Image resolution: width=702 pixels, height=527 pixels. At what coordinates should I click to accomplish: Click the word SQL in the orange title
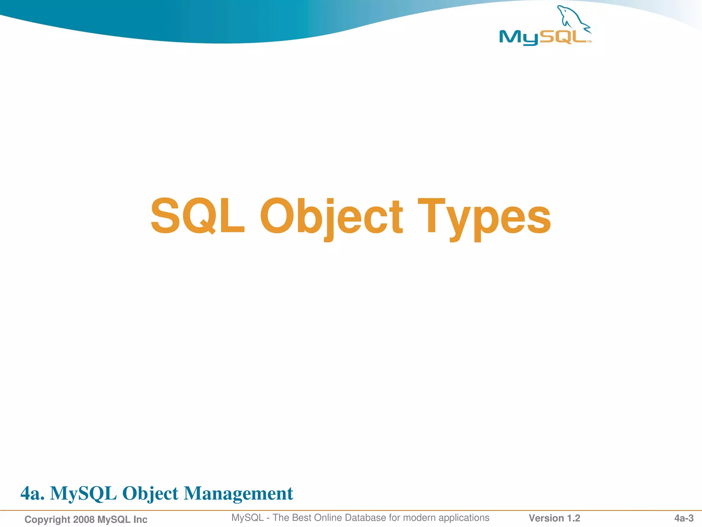(x=197, y=216)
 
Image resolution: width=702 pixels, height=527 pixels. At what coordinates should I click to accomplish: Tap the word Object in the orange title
(x=331, y=216)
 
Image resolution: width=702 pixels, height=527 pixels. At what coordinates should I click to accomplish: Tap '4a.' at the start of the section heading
(x=32, y=493)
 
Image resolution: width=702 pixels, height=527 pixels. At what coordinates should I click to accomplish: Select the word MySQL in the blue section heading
(x=83, y=493)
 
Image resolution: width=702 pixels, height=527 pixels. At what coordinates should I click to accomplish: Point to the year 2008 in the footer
(x=84, y=519)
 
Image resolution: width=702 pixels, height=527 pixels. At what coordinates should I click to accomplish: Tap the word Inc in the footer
(x=140, y=519)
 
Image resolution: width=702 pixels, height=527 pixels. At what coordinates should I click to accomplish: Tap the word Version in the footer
(x=546, y=518)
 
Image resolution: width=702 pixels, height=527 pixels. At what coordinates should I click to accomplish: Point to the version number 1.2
(x=573, y=518)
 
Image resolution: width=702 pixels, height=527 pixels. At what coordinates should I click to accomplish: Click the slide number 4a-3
(x=684, y=518)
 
